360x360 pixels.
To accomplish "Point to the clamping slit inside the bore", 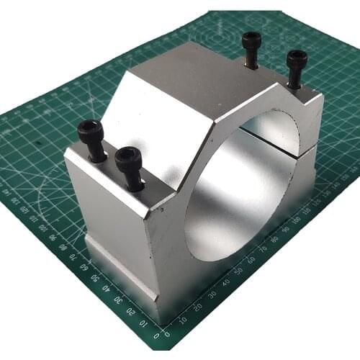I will pos(277,137).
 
